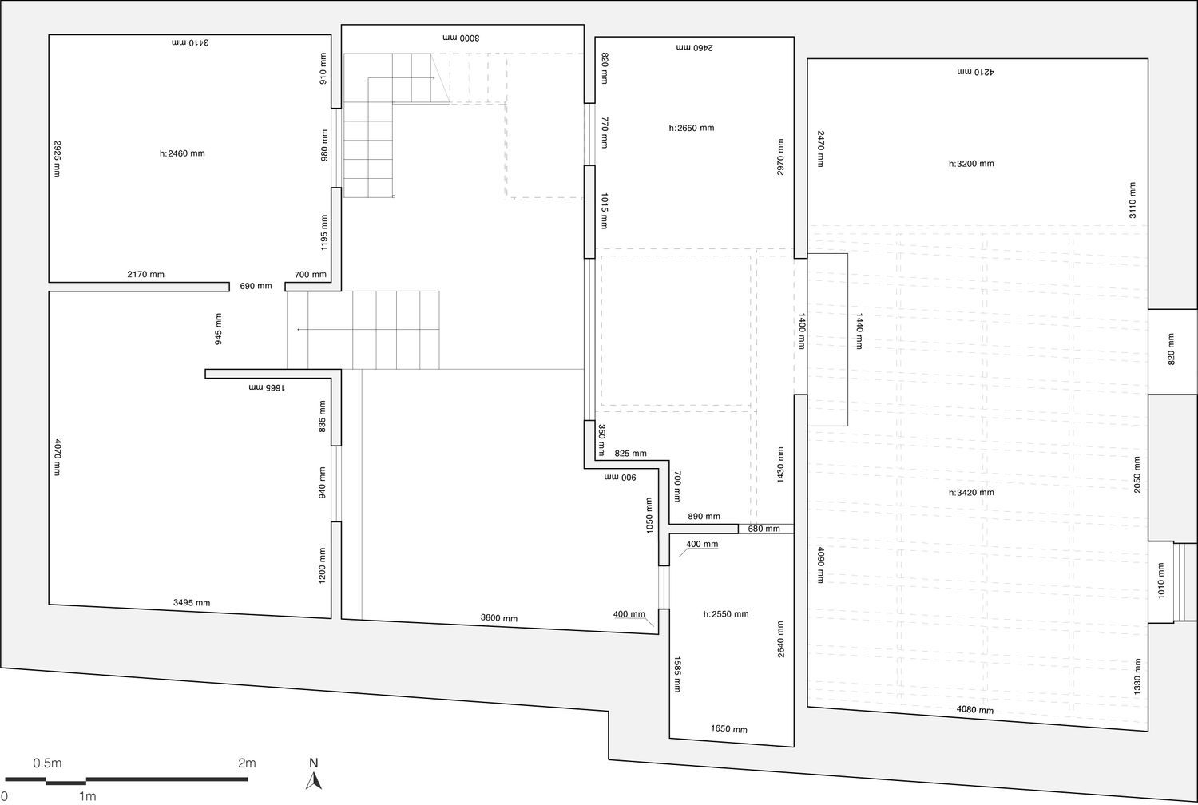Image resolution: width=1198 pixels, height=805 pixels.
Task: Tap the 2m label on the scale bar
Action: [247, 763]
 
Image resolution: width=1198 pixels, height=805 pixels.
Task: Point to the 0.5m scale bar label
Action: [48, 763]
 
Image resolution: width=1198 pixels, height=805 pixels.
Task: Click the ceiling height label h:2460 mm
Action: [182, 153]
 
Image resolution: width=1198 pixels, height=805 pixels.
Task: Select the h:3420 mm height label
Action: [971, 493]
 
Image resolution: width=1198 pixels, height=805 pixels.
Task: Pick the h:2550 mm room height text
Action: [726, 614]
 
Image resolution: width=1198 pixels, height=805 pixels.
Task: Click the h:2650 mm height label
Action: [692, 128]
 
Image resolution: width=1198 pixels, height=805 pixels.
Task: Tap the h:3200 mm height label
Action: [971, 164]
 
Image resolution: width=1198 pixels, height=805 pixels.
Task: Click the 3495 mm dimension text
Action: [192, 603]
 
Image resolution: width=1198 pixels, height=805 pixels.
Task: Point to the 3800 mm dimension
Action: [499, 618]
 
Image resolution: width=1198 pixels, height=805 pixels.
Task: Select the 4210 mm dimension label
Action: [975, 72]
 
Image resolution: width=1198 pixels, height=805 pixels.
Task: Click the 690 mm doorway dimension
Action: [256, 286]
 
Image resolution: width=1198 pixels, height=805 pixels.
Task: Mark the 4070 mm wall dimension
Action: [58, 458]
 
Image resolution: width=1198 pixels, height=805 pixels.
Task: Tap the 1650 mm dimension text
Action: [729, 729]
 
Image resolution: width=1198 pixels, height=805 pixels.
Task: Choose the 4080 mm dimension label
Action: [975, 710]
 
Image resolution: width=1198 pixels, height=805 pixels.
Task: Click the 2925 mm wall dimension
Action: [58, 159]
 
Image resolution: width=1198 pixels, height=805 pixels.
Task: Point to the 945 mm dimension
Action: [218, 329]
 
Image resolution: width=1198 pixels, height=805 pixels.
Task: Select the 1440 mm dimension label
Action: [859, 331]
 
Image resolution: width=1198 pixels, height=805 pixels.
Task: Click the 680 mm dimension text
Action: [764, 529]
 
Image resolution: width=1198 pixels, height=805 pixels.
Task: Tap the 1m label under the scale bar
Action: [88, 797]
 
